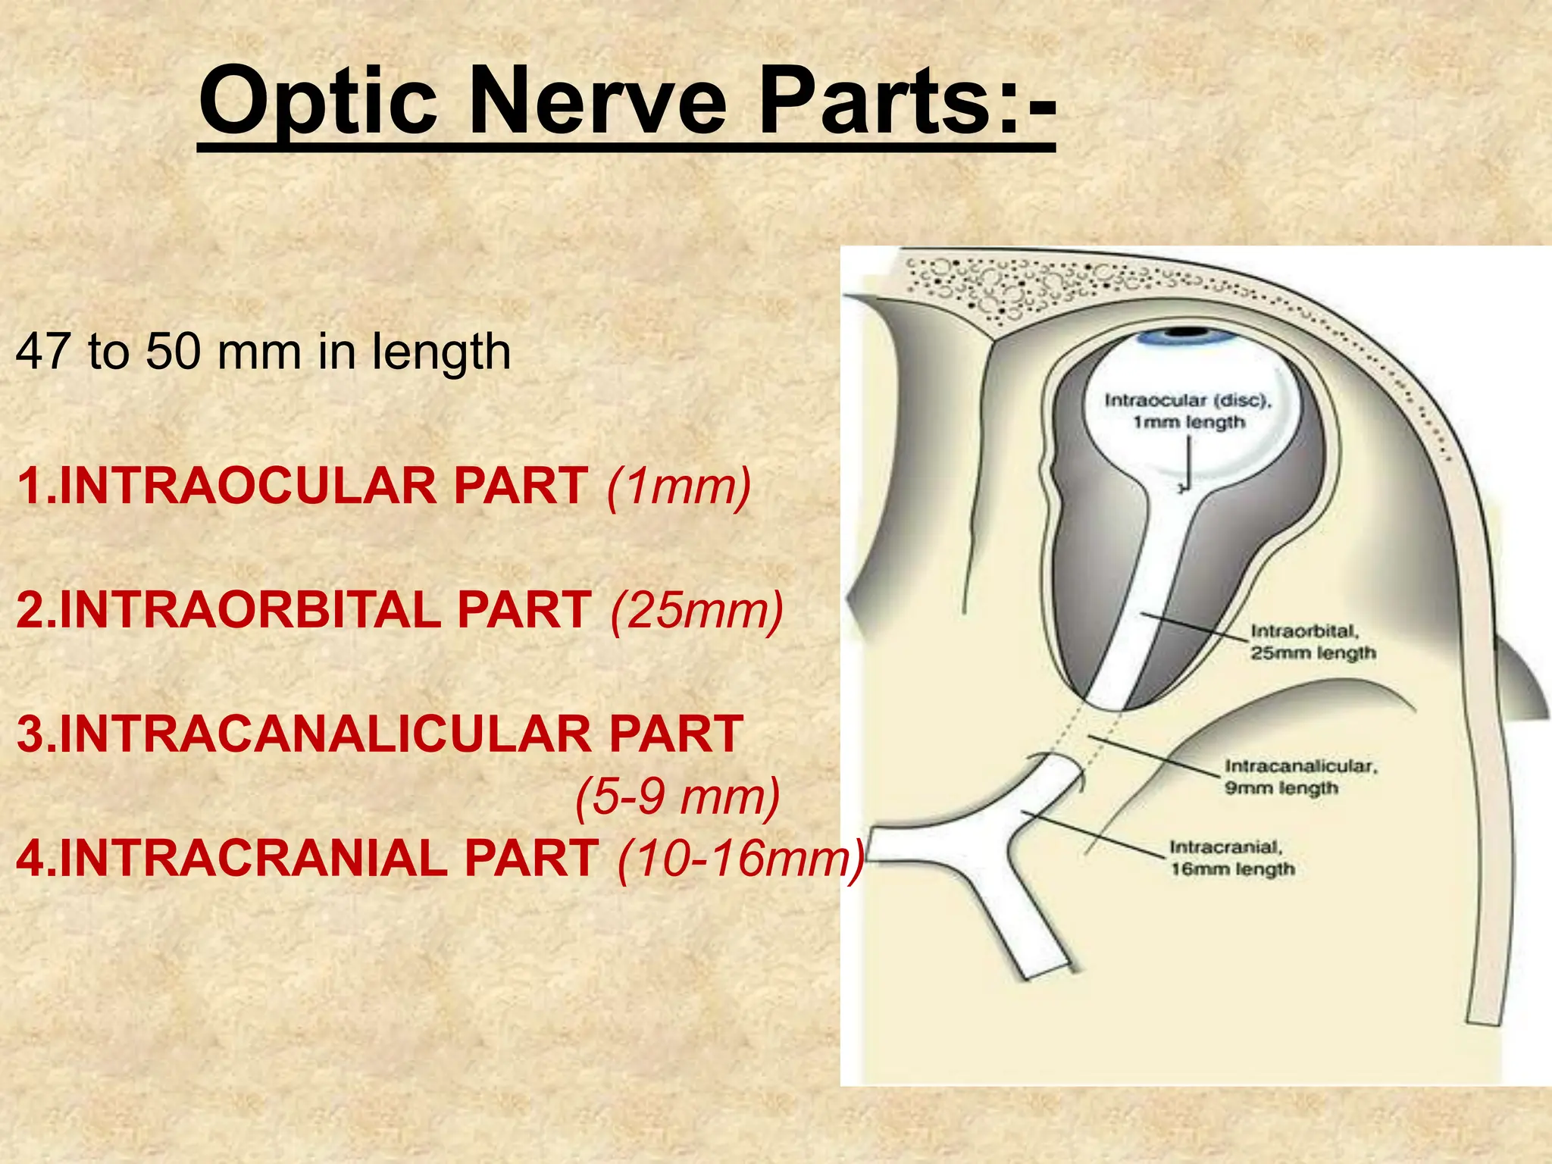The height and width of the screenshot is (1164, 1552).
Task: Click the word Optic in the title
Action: [x=318, y=101]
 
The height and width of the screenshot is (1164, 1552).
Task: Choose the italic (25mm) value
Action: [x=696, y=610]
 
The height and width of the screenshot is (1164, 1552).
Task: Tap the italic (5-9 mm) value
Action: [x=677, y=796]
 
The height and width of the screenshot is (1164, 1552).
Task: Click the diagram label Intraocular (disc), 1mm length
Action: [x=1188, y=411]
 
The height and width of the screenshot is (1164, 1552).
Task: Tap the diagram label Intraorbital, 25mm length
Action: [x=1312, y=642]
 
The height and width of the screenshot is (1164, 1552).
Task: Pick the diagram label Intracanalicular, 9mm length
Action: [x=1300, y=777]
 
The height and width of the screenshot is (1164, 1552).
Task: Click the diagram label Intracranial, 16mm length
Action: [x=1232, y=858]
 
